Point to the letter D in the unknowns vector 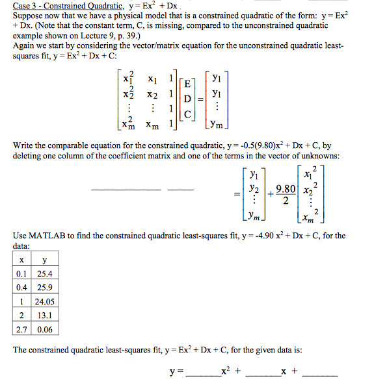click(187, 99)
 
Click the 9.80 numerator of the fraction click(286, 190)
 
